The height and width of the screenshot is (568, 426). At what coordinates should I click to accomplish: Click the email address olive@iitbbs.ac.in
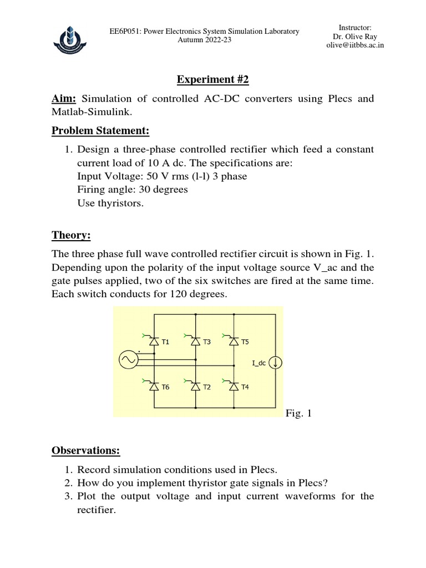[355, 45]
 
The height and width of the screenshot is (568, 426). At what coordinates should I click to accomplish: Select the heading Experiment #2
[212, 80]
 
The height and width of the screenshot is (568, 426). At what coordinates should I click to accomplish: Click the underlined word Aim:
[64, 99]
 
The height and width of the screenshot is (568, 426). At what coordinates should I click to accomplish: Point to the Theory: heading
[71, 235]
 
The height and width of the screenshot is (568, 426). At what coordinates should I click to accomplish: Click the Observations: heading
[85, 450]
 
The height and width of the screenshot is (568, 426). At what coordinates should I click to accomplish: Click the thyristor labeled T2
[195, 387]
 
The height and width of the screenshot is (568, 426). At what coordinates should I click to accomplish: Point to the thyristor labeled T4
[234, 387]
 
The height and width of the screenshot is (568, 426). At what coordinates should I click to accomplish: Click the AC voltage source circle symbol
[129, 361]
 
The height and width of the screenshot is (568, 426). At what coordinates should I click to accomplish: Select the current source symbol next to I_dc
[276, 364]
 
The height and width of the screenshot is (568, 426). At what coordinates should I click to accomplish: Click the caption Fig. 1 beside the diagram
[299, 413]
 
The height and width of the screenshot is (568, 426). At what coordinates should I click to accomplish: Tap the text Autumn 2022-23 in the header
[204, 40]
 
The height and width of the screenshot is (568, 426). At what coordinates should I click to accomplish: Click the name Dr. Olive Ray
[355, 37]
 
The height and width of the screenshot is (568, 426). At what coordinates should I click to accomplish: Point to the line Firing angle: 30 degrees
[133, 189]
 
